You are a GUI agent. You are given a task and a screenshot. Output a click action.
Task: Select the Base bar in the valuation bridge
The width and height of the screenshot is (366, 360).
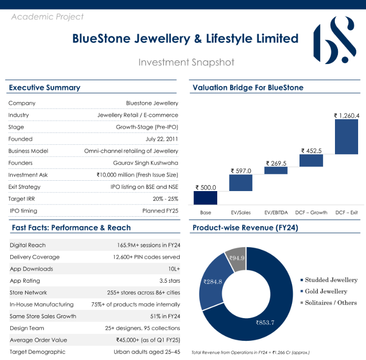pos(205,197)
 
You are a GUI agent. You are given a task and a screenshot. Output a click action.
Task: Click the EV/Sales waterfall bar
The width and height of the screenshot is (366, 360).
pos(241,183)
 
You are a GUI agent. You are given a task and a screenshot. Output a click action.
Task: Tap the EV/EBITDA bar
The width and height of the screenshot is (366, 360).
pos(276,170)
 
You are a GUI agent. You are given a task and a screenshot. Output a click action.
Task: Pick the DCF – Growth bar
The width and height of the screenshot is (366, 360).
pos(311,160)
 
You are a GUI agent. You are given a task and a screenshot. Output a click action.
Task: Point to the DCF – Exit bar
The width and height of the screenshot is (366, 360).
pos(346,136)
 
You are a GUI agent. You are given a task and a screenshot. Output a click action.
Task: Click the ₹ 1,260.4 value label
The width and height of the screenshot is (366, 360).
pos(347,116)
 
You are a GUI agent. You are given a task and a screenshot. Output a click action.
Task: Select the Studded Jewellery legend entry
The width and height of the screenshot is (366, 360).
pos(331,280)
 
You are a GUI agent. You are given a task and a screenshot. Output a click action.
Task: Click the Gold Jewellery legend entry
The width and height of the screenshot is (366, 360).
pos(326,291)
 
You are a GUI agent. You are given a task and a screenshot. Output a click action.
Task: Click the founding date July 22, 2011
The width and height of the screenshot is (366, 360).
pos(162,139)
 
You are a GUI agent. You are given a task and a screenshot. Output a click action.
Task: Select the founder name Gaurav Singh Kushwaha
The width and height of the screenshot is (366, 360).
pos(145,163)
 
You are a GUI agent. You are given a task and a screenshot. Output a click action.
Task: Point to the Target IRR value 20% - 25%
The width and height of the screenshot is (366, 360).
pos(165,199)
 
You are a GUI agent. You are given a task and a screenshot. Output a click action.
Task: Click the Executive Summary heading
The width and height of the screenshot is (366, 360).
pos(44,88)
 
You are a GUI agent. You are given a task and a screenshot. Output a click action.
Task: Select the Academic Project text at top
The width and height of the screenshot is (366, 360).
pos(47,17)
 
